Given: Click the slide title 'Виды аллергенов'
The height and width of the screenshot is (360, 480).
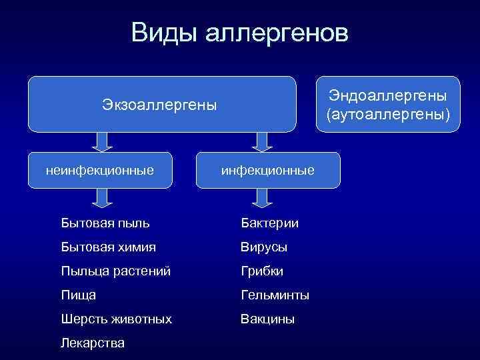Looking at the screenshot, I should coord(239,33).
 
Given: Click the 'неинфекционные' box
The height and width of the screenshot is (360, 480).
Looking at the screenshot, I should coord(100,171).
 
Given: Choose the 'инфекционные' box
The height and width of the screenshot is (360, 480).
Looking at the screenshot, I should coord(267,171).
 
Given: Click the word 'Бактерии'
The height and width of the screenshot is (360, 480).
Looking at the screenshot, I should coord(269,223).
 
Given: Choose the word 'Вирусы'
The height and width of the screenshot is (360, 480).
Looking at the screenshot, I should coord(264,247).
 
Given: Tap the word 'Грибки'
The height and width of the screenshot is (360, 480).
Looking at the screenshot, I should coord(262,271).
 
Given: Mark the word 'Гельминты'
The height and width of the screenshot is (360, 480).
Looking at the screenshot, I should coord(275,295).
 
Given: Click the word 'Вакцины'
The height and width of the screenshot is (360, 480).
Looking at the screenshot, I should coord(267,319).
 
